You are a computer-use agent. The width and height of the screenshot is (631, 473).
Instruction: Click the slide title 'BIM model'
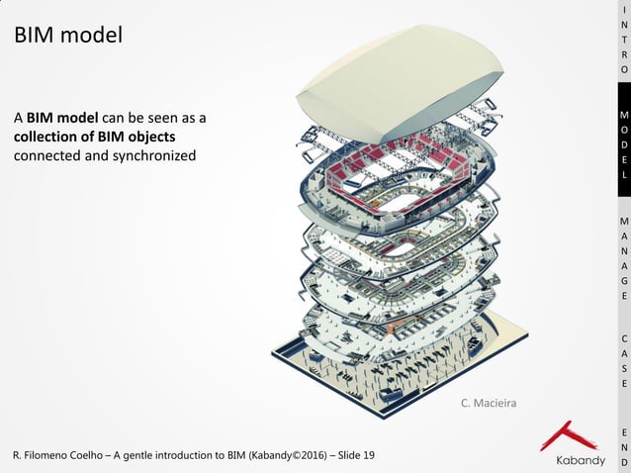68,36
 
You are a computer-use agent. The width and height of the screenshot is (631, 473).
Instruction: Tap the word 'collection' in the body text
49,137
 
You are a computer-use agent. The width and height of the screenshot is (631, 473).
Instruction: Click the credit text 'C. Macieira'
489,403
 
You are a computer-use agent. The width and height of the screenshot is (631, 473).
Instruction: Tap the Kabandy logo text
580,460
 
